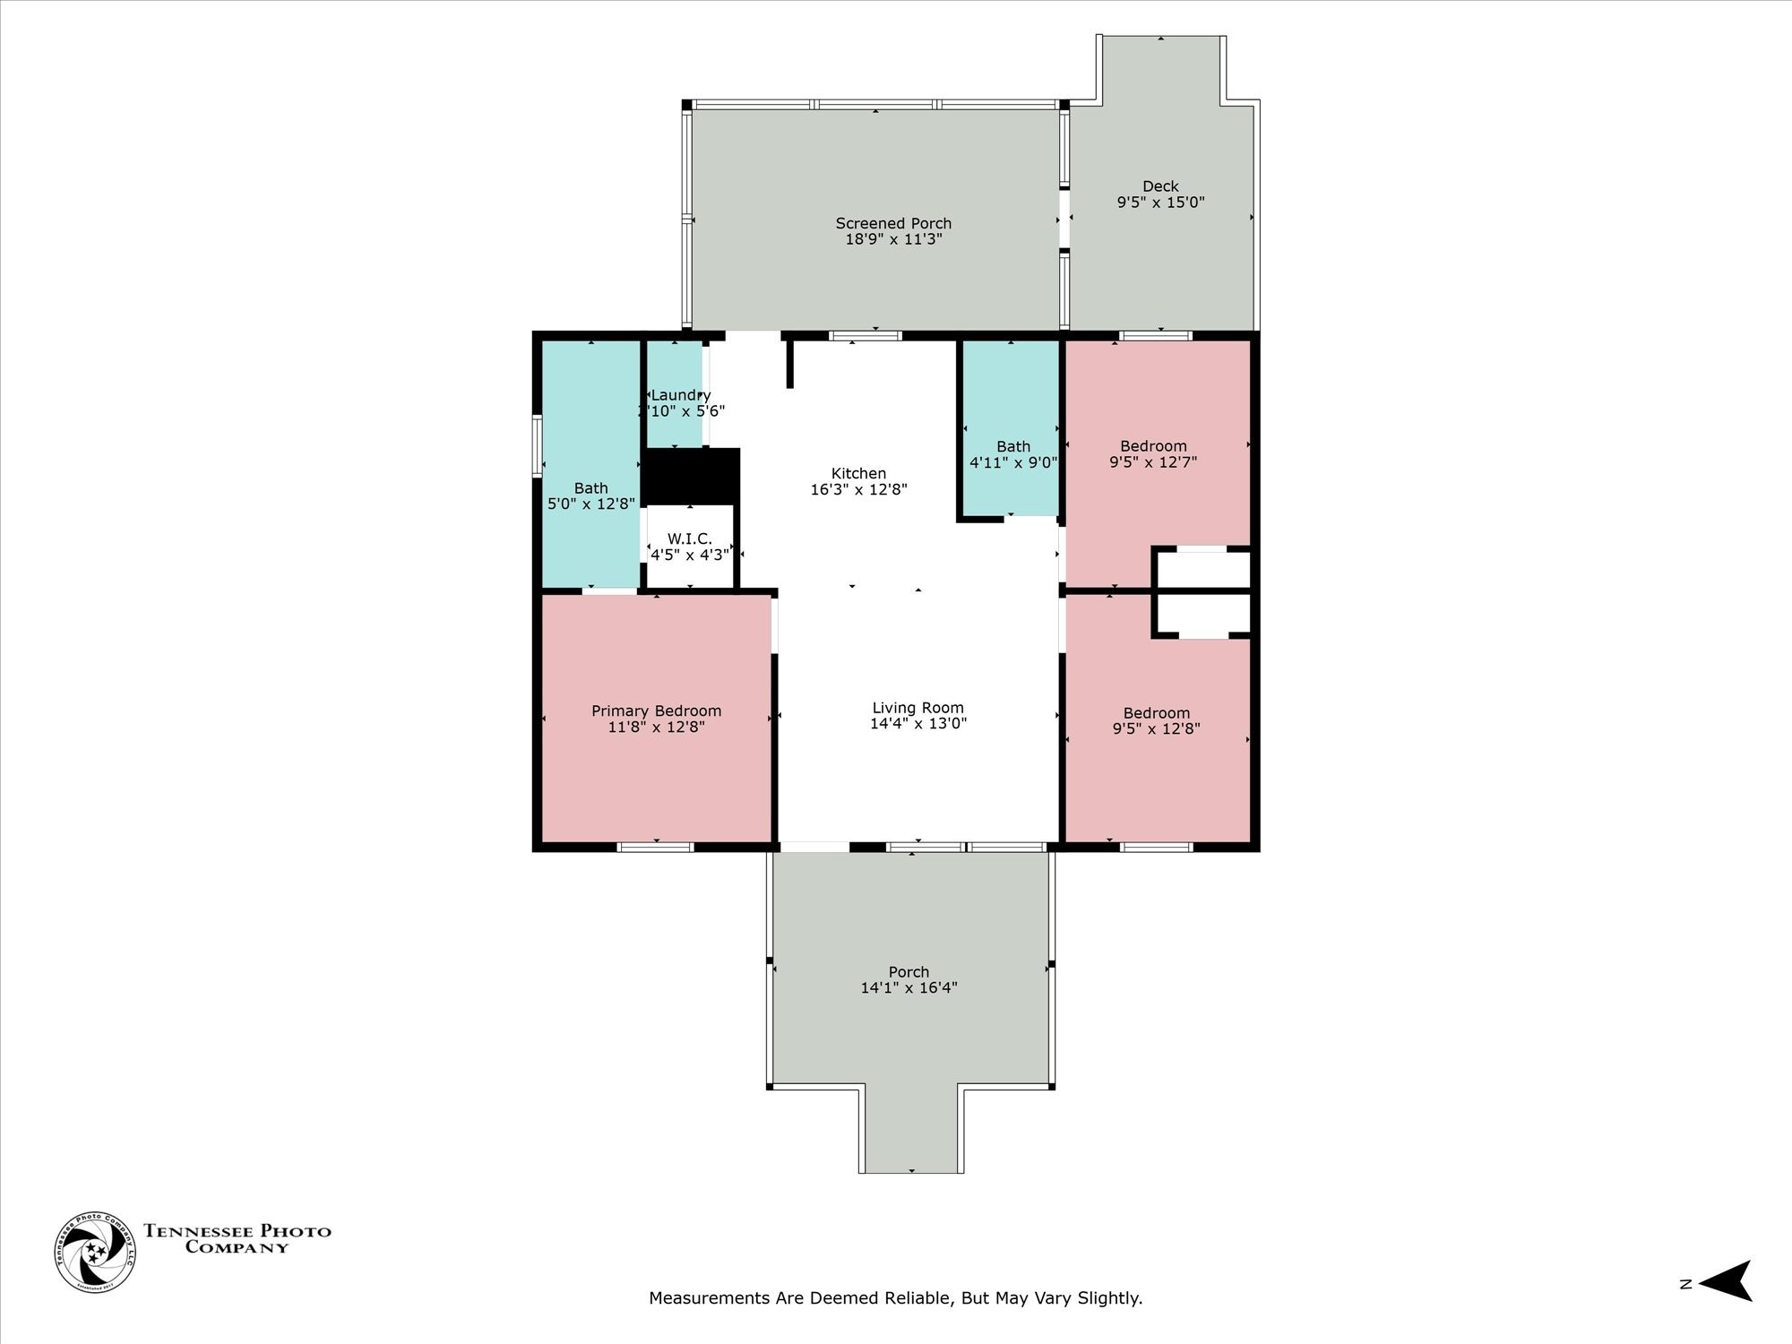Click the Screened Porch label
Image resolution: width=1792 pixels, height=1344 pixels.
pyautogui.click(x=893, y=223)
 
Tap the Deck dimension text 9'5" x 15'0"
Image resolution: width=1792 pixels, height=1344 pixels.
pyautogui.click(x=1160, y=202)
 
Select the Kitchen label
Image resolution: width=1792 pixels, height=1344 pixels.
pyautogui.click(x=858, y=473)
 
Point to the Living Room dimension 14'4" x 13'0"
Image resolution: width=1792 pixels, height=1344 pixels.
pyautogui.click(x=918, y=724)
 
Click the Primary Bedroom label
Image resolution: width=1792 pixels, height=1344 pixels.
pyautogui.click(x=656, y=711)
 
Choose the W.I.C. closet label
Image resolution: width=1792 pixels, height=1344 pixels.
pyautogui.click(x=689, y=538)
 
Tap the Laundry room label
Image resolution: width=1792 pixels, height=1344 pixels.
pyautogui.click(x=680, y=395)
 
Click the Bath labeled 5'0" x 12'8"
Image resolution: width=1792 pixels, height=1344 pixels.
pyautogui.click(x=590, y=495)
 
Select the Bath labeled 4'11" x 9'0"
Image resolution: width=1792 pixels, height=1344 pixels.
pyautogui.click(x=1013, y=454)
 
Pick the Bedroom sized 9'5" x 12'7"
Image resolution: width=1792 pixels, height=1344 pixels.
pyautogui.click(x=1153, y=453)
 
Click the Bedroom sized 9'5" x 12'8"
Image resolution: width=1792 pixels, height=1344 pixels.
pyautogui.click(x=1156, y=720)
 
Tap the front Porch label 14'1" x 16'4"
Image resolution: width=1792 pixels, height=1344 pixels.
pyautogui.click(x=909, y=979)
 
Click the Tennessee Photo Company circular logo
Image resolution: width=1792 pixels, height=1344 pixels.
pyautogui.click(x=96, y=1252)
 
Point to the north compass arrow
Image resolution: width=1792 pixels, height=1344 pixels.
pyautogui.click(x=1726, y=1281)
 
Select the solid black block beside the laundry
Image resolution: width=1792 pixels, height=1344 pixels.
pyautogui.click(x=692, y=476)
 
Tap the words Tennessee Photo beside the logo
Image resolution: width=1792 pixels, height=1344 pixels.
pyautogui.click(x=237, y=1231)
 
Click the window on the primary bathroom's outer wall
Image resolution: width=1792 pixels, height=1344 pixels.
pyautogui.click(x=537, y=445)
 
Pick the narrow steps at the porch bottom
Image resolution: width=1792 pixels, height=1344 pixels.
pyautogui.click(x=911, y=1129)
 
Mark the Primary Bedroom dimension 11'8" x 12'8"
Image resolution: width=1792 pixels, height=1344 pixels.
pyautogui.click(x=656, y=728)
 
